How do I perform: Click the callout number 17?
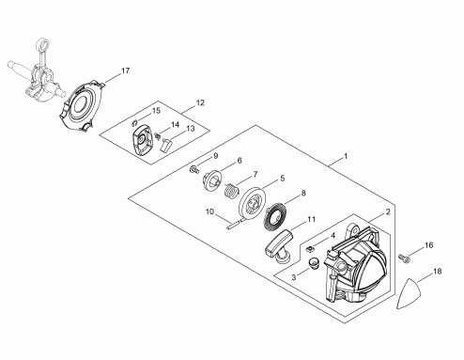pos(125,70)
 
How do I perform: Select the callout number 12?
pos(200,102)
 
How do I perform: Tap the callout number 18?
pos(437,272)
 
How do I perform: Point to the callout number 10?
pos(209,211)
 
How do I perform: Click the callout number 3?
pos(294,277)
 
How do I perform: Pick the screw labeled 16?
pos(404,258)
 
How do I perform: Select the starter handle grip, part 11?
pos(279,245)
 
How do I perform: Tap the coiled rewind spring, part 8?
pos(275,217)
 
